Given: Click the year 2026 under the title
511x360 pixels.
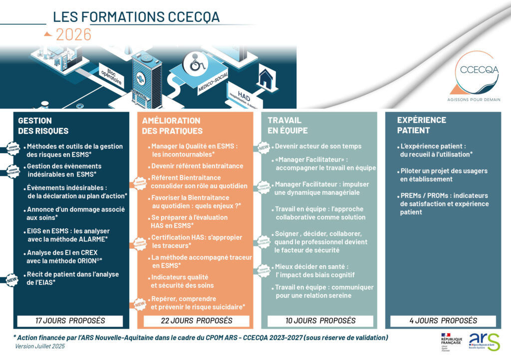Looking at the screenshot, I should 73,34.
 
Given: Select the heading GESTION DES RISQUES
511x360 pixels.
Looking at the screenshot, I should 43,126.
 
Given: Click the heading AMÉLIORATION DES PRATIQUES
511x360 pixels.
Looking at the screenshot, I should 172,126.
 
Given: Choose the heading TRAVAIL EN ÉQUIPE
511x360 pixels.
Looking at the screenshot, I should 288,125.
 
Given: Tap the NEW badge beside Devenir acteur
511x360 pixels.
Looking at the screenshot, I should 263,148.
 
